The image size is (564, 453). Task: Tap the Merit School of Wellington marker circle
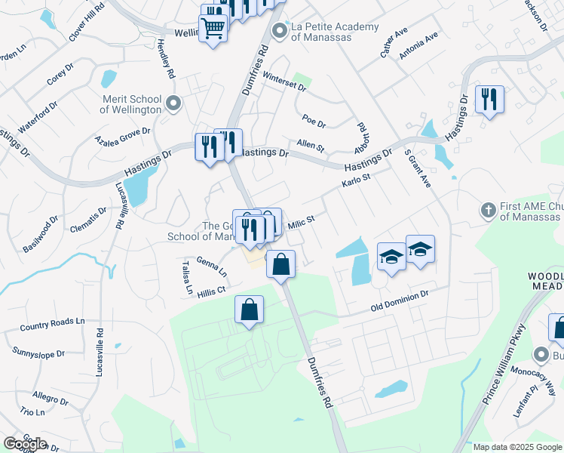[x=174, y=103]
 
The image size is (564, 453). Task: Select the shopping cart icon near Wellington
[x=213, y=28]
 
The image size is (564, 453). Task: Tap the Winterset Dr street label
[x=284, y=82]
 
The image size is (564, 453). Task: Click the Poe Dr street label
[x=313, y=121]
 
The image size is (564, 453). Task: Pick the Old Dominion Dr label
[x=400, y=306]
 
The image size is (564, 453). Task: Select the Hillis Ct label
[x=211, y=290]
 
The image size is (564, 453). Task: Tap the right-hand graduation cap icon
[x=420, y=248]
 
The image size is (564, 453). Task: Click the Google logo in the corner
[x=24, y=444]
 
